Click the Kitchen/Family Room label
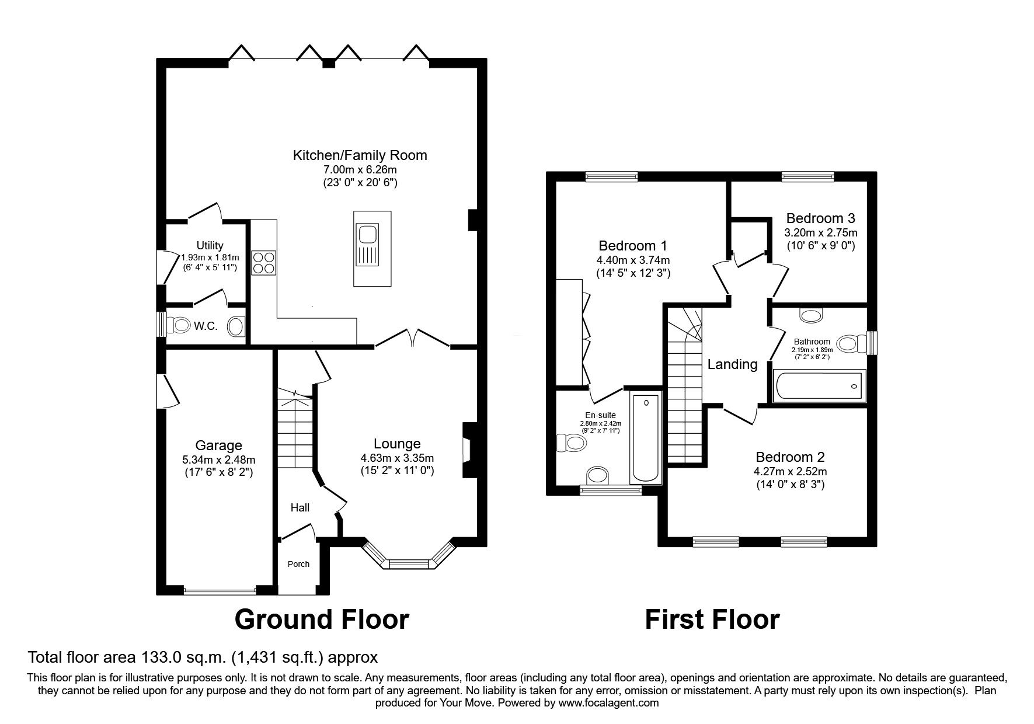pyautogui.click(x=360, y=155)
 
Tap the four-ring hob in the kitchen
pyautogui.click(x=264, y=262)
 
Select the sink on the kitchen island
pyautogui.click(x=368, y=235)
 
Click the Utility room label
pyautogui.click(x=210, y=246)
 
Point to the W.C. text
pyautogui.click(x=206, y=326)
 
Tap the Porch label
pyautogui.click(x=298, y=564)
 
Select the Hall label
pyautogui.click(x=300, y=508)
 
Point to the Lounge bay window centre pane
pyautogui.click(x=409, y=563)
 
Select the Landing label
pyautogui.click(x=732, y=365)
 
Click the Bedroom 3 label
pyautogui.click(x=820, y=218)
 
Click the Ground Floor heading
pyautogui.click(x=321, y=619)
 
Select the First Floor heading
pyautogui.click(x=712, y=619)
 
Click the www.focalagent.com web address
pyautogui.click(x=608, y=703)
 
